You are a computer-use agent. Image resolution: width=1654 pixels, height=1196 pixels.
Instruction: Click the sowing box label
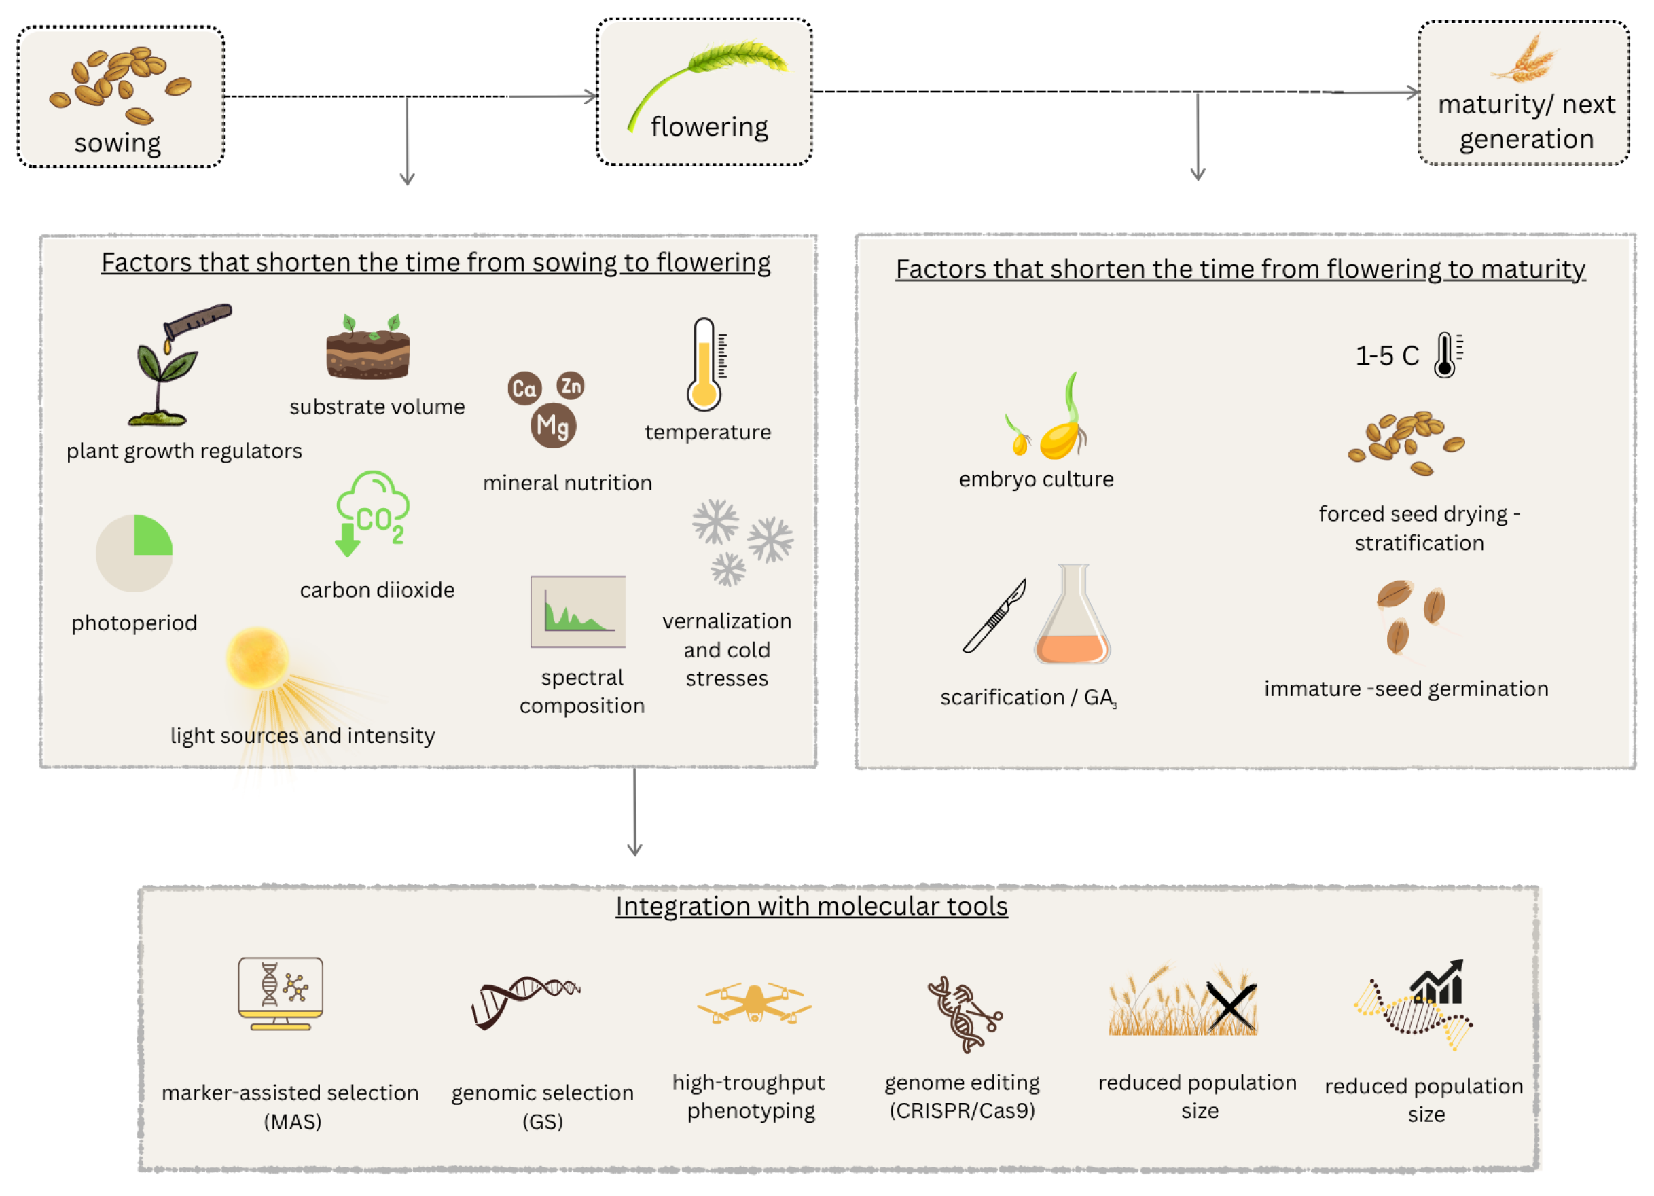pos(118,143)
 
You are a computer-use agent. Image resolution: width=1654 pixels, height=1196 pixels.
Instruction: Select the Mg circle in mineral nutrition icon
pos(553,426)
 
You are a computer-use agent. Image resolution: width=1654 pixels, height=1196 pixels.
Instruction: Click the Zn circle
pos(571,385)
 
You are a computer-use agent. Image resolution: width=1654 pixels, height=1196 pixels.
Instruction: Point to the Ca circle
pos(524,388)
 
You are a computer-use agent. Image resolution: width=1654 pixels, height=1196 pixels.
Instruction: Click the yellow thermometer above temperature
pos(705,365)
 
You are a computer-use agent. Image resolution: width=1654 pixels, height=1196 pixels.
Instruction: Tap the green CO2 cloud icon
pos(372,513)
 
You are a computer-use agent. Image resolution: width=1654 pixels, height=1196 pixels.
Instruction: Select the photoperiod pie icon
pos(134,553)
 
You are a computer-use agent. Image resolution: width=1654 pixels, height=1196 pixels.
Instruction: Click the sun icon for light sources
pos(257,658)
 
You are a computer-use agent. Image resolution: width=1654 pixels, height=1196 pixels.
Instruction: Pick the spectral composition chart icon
pos(577,611)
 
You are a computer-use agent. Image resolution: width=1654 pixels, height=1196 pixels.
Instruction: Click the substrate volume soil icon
pos(368,347)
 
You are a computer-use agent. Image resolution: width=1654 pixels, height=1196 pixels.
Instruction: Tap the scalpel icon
pos(994,615)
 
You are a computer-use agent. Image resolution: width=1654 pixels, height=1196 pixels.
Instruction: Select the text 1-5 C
pos(1387,356)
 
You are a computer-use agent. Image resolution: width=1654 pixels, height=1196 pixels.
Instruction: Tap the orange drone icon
pos(754,1002)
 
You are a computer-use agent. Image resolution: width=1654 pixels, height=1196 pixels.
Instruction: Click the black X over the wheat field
pos(1231,1007)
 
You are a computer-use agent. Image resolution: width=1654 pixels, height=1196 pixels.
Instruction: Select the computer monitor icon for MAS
pos(281,993)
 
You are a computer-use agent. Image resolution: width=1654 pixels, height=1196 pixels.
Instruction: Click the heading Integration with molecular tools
pos(812,907)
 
